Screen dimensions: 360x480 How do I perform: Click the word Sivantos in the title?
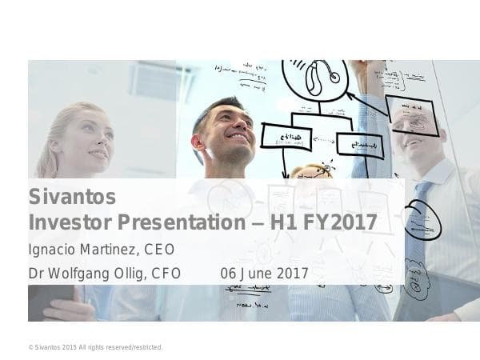pos(72,197)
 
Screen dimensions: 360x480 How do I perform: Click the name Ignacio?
pos(54,249)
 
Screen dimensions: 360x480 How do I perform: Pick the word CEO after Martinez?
pos(159,249)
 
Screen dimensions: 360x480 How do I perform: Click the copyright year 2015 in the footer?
pos(67,347)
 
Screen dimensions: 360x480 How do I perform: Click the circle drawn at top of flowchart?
pos(315,78)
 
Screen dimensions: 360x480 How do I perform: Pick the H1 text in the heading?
pos(286,222)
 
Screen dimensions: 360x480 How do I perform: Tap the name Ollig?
pos(127,274)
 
